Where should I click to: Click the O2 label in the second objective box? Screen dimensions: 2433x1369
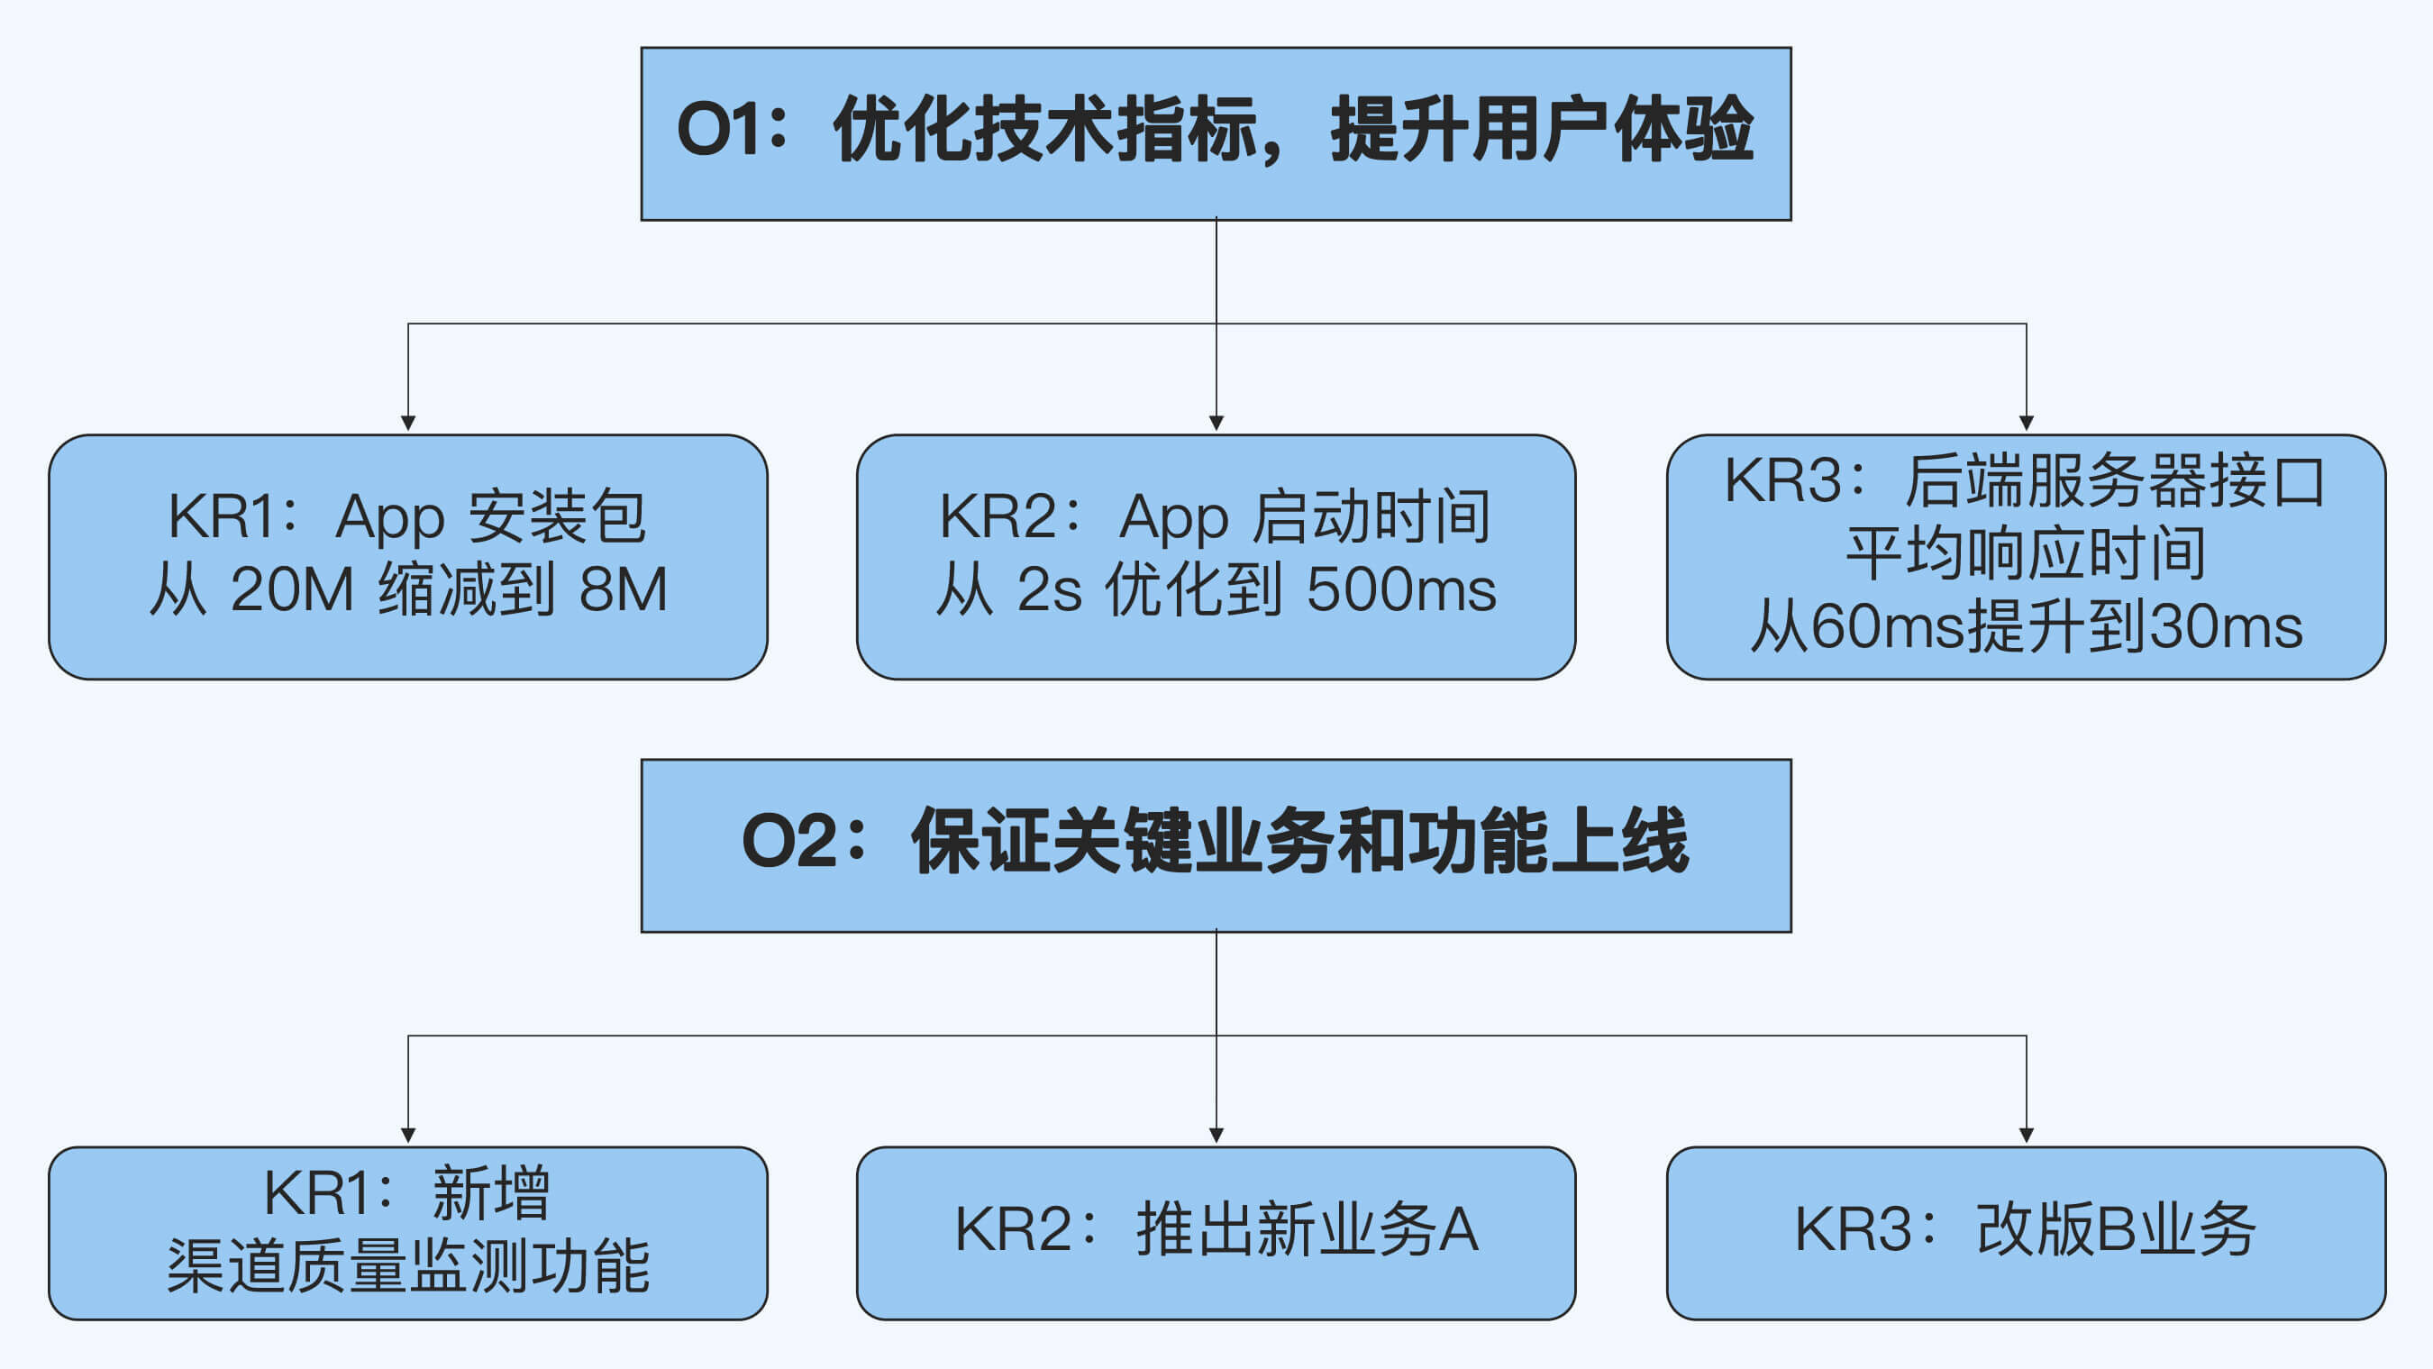[x=789, y=841]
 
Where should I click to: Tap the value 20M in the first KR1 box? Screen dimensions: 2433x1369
[x=292, y=589]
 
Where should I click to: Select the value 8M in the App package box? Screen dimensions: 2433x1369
[x=624, y=589]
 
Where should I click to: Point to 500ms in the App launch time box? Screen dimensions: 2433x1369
[x=1401, y=589]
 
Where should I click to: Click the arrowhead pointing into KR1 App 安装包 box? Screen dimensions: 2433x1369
[x=408, y=424]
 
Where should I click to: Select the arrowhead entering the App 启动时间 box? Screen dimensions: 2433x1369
[x=1216, y=424]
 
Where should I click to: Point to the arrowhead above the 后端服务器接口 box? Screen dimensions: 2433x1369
[x=2026, y=424]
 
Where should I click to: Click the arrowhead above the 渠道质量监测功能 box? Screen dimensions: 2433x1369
[x=408, y=1136]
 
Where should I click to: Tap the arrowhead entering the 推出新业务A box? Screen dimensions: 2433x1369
[x=1216, y=1136]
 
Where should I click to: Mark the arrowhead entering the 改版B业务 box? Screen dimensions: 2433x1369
[x=2026, y=1136]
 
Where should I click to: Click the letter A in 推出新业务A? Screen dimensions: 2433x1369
[x=1458, y=1230]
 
